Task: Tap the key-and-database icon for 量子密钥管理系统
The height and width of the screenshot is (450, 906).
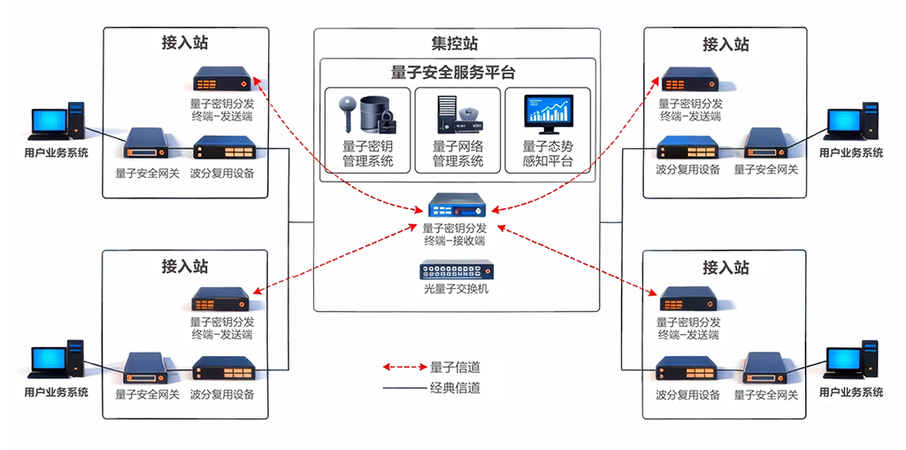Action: point(368,112)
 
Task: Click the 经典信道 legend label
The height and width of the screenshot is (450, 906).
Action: point(455,388)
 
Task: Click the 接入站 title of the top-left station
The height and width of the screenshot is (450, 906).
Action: point(185,43)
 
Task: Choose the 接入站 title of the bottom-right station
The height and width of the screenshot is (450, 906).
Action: point(726,267)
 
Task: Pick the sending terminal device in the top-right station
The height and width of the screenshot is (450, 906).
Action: point(689,82)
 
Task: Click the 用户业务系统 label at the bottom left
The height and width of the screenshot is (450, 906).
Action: point(56,392)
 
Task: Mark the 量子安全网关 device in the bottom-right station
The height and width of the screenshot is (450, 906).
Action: point(766,367)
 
